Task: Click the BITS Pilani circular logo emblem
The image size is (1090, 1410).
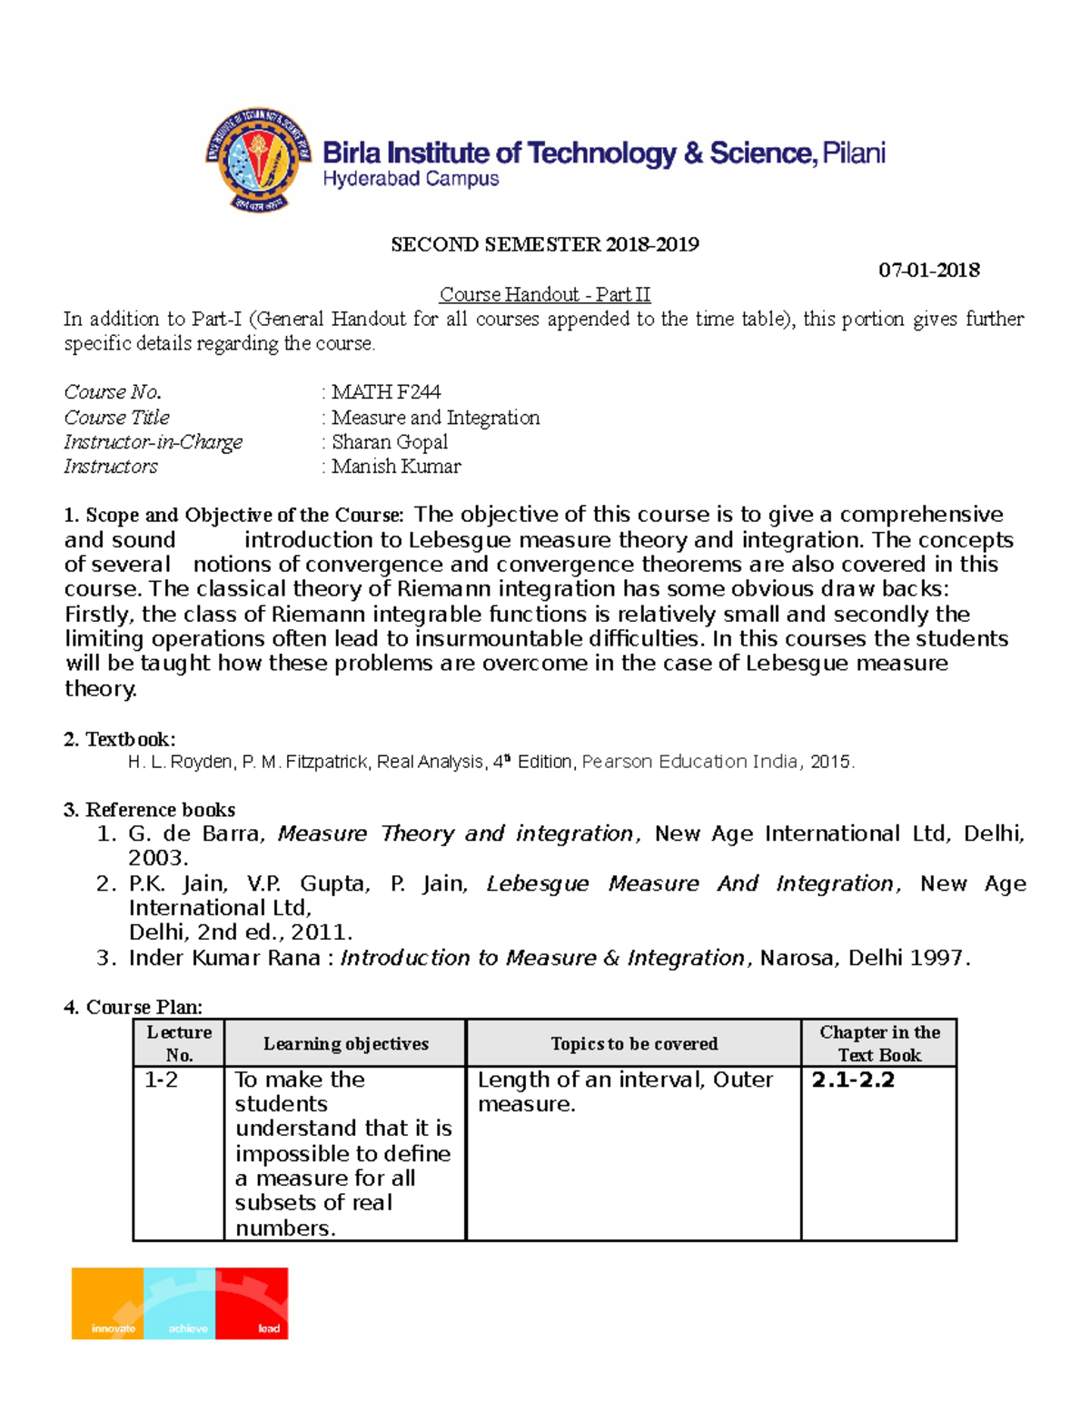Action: (x=258, y=160)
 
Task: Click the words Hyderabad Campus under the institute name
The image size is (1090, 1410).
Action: (x=411, y=180)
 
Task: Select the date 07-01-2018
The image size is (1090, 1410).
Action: (x=928, y=270)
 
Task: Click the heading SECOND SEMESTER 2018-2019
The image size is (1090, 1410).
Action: (x=544, y=244)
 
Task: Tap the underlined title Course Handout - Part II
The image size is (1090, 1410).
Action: (x=544, y=295)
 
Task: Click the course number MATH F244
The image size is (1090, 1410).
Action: (x=386, y=392)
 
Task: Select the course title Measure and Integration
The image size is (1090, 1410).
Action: (x=435, y=418)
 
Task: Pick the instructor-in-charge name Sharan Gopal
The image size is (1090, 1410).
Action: (x=390, y=442)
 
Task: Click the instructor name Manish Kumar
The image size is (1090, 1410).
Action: (x=396, y=467)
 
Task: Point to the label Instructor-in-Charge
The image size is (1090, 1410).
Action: (x=153, y=442)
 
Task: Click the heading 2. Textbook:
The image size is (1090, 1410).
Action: (x=120, y=739)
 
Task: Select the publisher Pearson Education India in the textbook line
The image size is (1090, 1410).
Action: (x=691, y=762)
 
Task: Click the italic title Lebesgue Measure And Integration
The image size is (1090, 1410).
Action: (x=689, y=883)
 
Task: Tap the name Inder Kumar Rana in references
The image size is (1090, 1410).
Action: (x=224, y=958)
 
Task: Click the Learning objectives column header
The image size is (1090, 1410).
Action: (x=345, y=1044)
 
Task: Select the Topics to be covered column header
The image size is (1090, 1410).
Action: (x=634, y=1044)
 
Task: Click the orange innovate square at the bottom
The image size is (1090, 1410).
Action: (x=108, y=1304)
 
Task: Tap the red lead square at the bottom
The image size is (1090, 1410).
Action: (x=252, y=1304)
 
